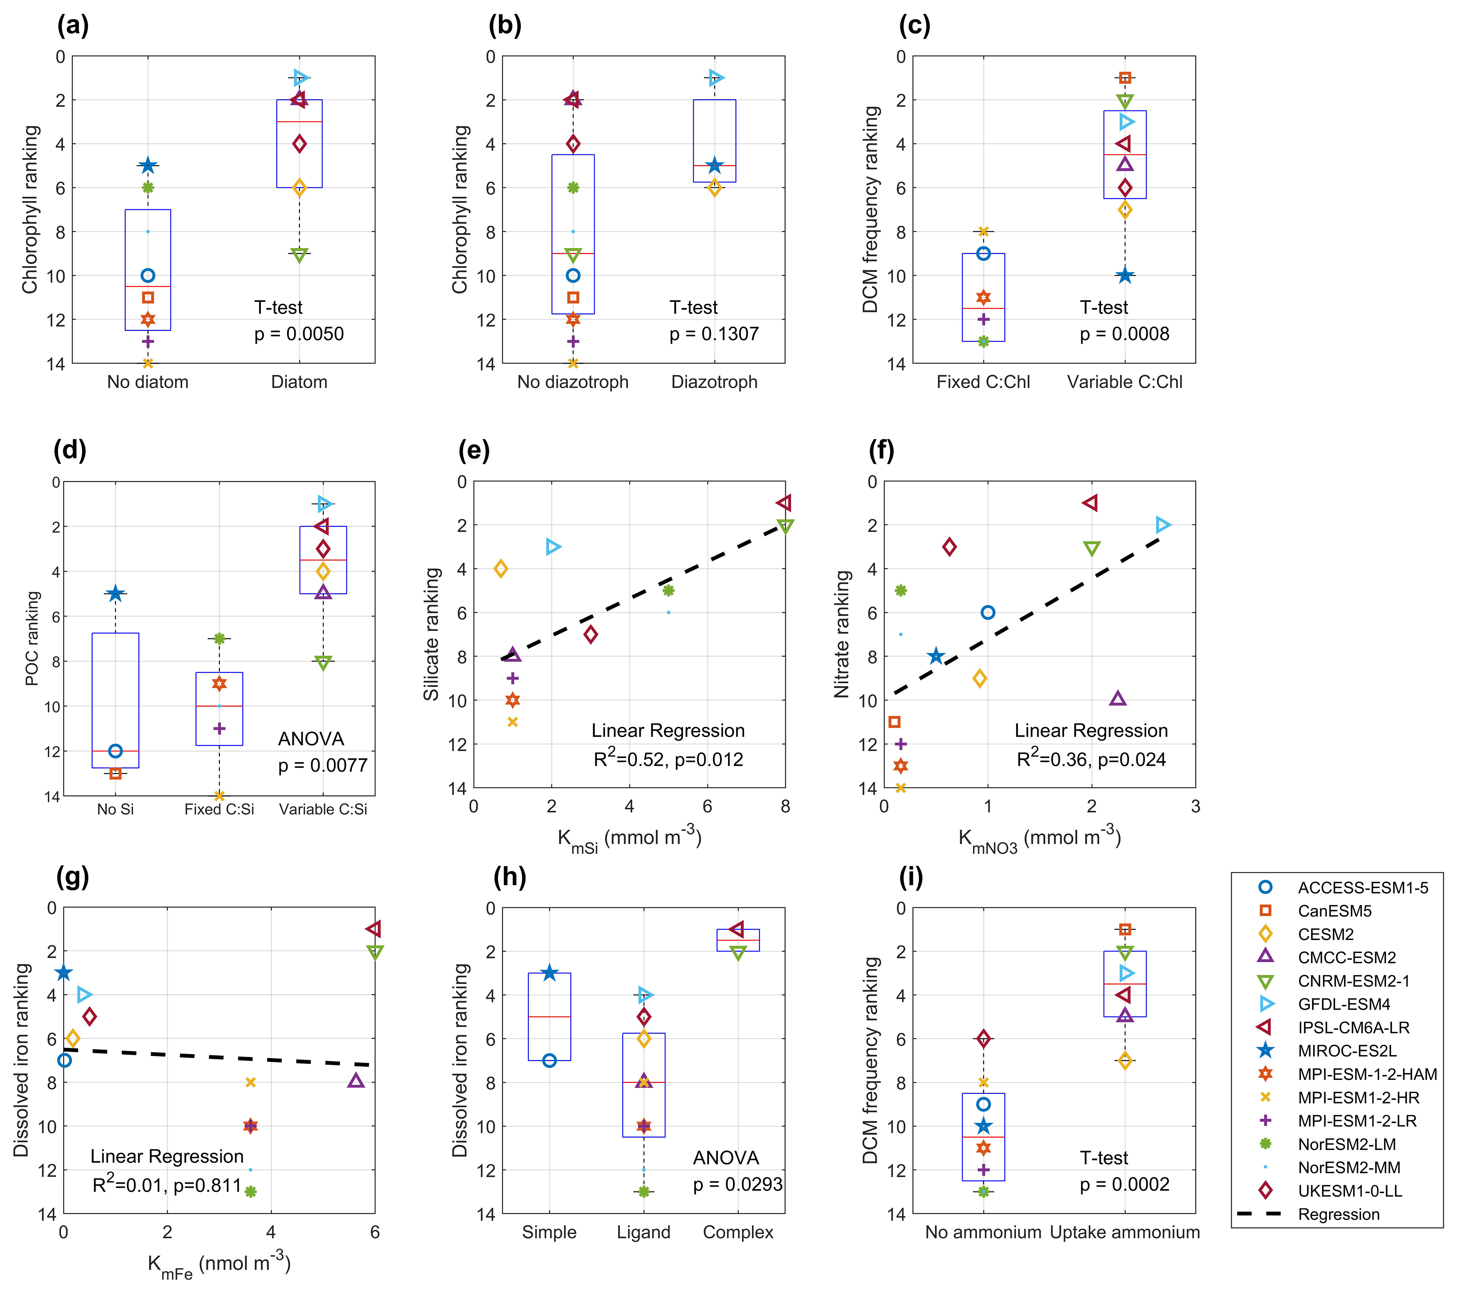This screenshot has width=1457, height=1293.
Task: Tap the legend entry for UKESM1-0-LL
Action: pos(1349,1191)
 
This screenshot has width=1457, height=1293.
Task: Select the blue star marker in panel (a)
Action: pos(148,165)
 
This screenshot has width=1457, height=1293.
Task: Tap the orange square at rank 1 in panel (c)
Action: pos(1125,78)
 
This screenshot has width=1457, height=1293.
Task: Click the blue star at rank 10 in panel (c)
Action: pos(1125,275)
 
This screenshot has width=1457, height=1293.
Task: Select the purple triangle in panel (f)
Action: pos(1118,698)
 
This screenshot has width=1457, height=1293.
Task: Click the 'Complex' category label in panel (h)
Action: pos(738,1232)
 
